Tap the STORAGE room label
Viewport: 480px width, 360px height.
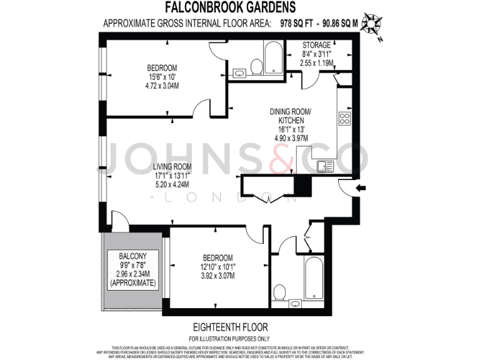pos(317,46)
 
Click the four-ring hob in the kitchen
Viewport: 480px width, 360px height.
pos(344,119)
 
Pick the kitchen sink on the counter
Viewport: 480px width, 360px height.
pos(325,166)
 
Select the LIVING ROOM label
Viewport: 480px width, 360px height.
pos(172,167)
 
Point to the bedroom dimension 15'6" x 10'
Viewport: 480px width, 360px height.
pos(161,77)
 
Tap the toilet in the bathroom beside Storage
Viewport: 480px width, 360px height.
pos(256,66)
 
